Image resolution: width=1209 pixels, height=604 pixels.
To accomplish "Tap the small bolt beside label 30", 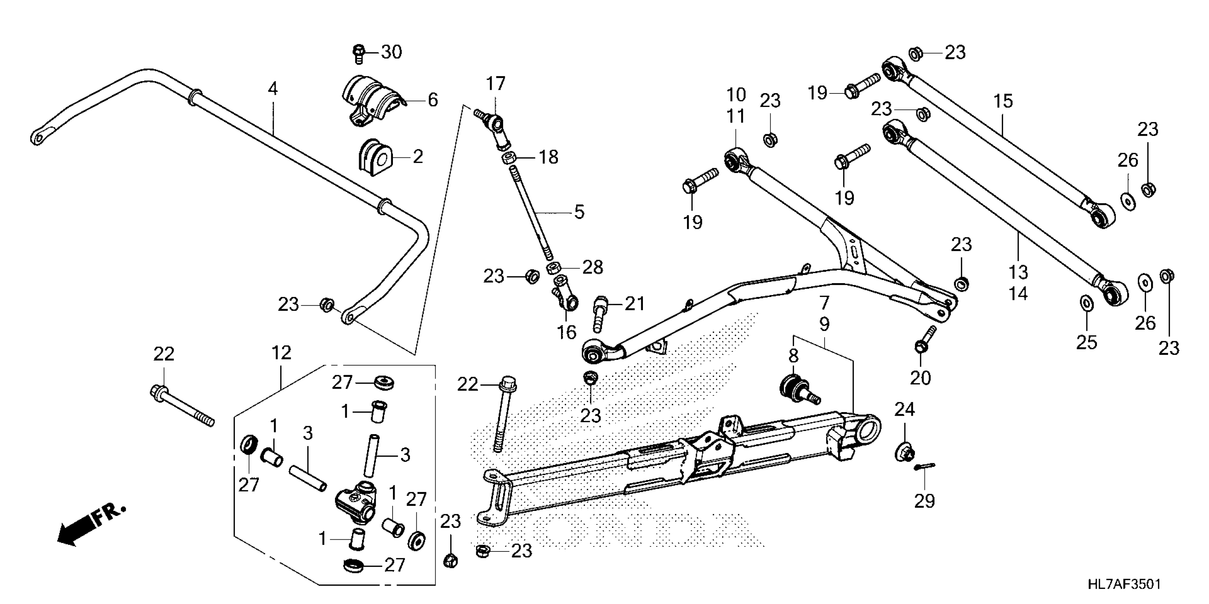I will point(358,53).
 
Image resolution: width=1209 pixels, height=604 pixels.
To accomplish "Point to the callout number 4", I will point(273,88).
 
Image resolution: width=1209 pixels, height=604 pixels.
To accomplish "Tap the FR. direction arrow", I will point(89,524).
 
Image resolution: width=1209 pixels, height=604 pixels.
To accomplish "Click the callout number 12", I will point(281,353).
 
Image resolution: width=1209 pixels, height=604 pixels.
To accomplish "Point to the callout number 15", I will point(1003,101).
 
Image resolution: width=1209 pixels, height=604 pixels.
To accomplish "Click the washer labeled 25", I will point(1086,303).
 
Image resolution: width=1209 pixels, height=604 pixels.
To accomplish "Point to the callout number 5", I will point(580,212).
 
